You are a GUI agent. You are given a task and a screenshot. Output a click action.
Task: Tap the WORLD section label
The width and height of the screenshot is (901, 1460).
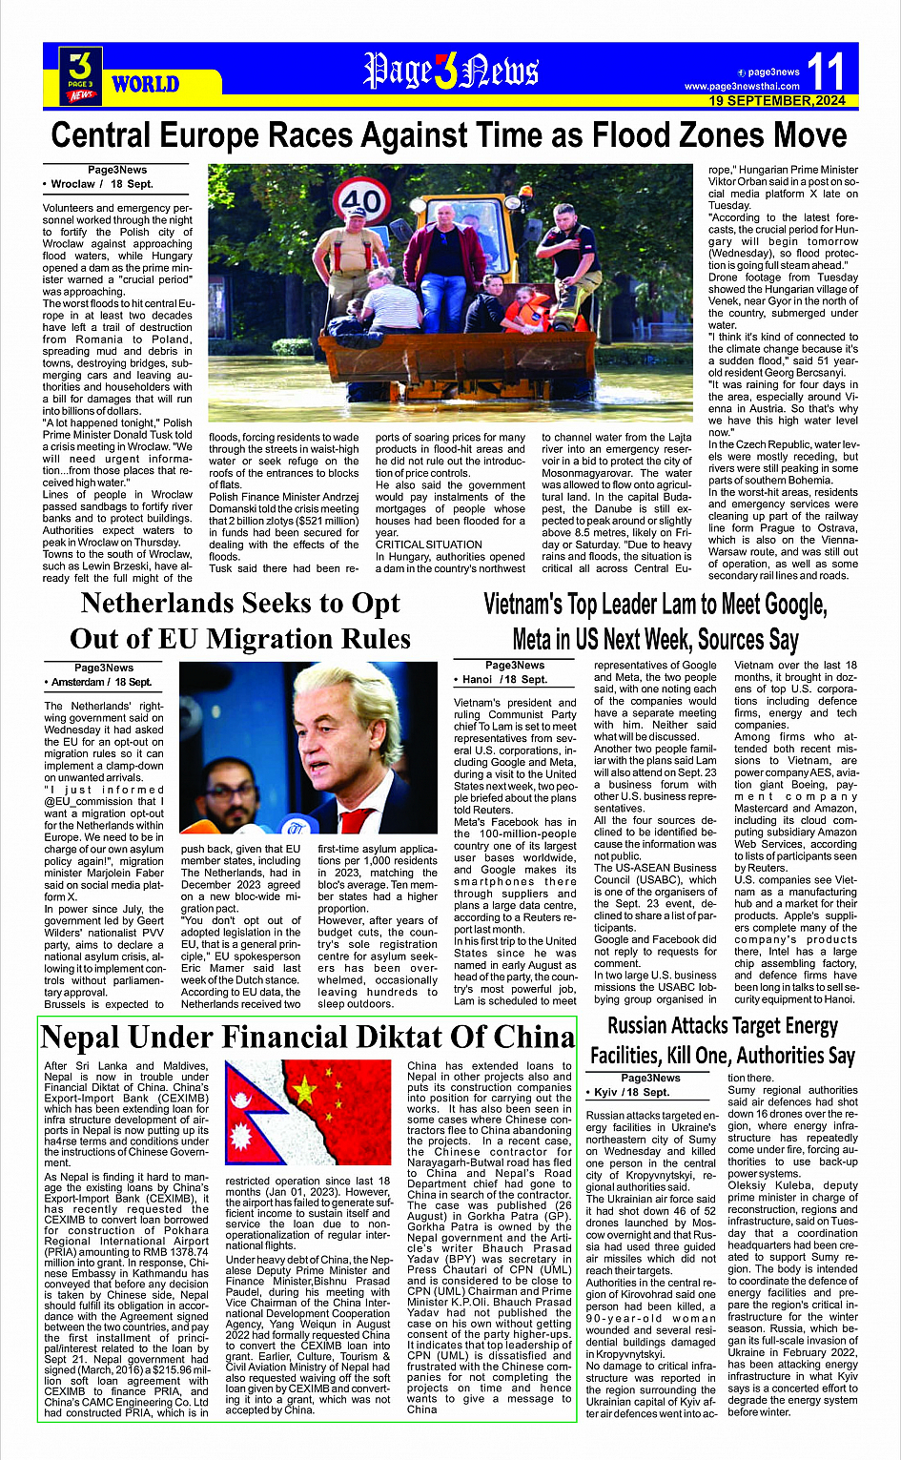point(145,84)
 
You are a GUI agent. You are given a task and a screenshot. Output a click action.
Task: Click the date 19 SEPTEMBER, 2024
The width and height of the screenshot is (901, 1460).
point(777,100)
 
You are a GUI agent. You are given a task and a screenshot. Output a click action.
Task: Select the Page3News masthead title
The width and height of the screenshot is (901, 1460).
point(450,72)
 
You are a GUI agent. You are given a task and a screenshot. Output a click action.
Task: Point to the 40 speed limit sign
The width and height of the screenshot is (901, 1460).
point(361,203)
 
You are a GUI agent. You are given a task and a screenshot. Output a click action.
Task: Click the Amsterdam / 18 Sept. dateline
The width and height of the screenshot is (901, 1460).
point(101,682)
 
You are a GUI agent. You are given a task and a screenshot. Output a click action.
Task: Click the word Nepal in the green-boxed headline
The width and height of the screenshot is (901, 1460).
point(80,1037)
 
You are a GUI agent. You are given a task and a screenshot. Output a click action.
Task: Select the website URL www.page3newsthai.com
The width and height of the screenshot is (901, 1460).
point(742,87)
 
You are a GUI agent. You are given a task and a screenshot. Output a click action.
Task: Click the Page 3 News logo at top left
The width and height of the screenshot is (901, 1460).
point(81,74)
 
